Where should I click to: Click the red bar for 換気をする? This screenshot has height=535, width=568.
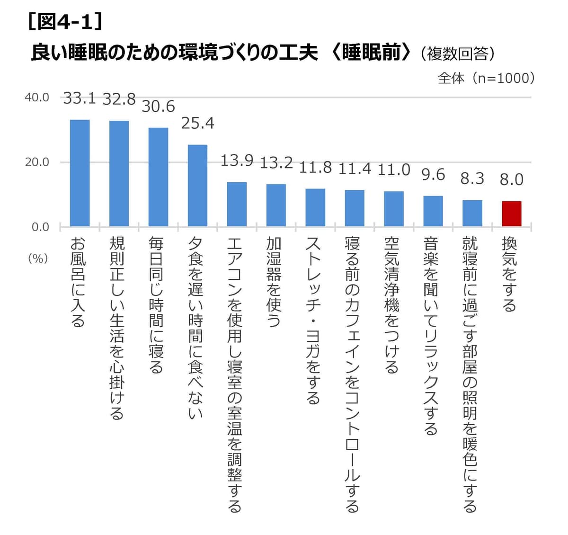[512, 214]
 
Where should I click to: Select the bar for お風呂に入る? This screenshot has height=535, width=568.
[80, 173]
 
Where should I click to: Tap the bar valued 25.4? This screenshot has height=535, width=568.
[198, 186]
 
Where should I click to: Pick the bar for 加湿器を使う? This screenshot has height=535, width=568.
[276, 205]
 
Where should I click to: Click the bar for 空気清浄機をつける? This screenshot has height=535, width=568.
[394, 209]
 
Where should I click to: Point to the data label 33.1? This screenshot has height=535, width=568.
[80, 98]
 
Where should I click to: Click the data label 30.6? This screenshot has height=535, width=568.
[158, 107]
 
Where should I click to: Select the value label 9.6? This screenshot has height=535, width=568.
[433, 175]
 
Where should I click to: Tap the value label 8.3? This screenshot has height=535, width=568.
[472, 179]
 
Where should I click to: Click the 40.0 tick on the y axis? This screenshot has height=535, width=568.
[37, 98]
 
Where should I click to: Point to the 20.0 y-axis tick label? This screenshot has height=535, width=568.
[37, 162]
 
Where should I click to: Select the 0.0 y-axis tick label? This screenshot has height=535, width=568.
[40, 227]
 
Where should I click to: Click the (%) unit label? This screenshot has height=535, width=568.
[38, 259]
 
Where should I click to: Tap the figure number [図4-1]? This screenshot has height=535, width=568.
[65, 22]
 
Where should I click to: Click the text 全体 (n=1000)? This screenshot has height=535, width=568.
[486, 78]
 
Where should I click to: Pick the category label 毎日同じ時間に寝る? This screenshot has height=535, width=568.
[157, 305]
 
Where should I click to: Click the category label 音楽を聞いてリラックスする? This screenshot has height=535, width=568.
[431, 336]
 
